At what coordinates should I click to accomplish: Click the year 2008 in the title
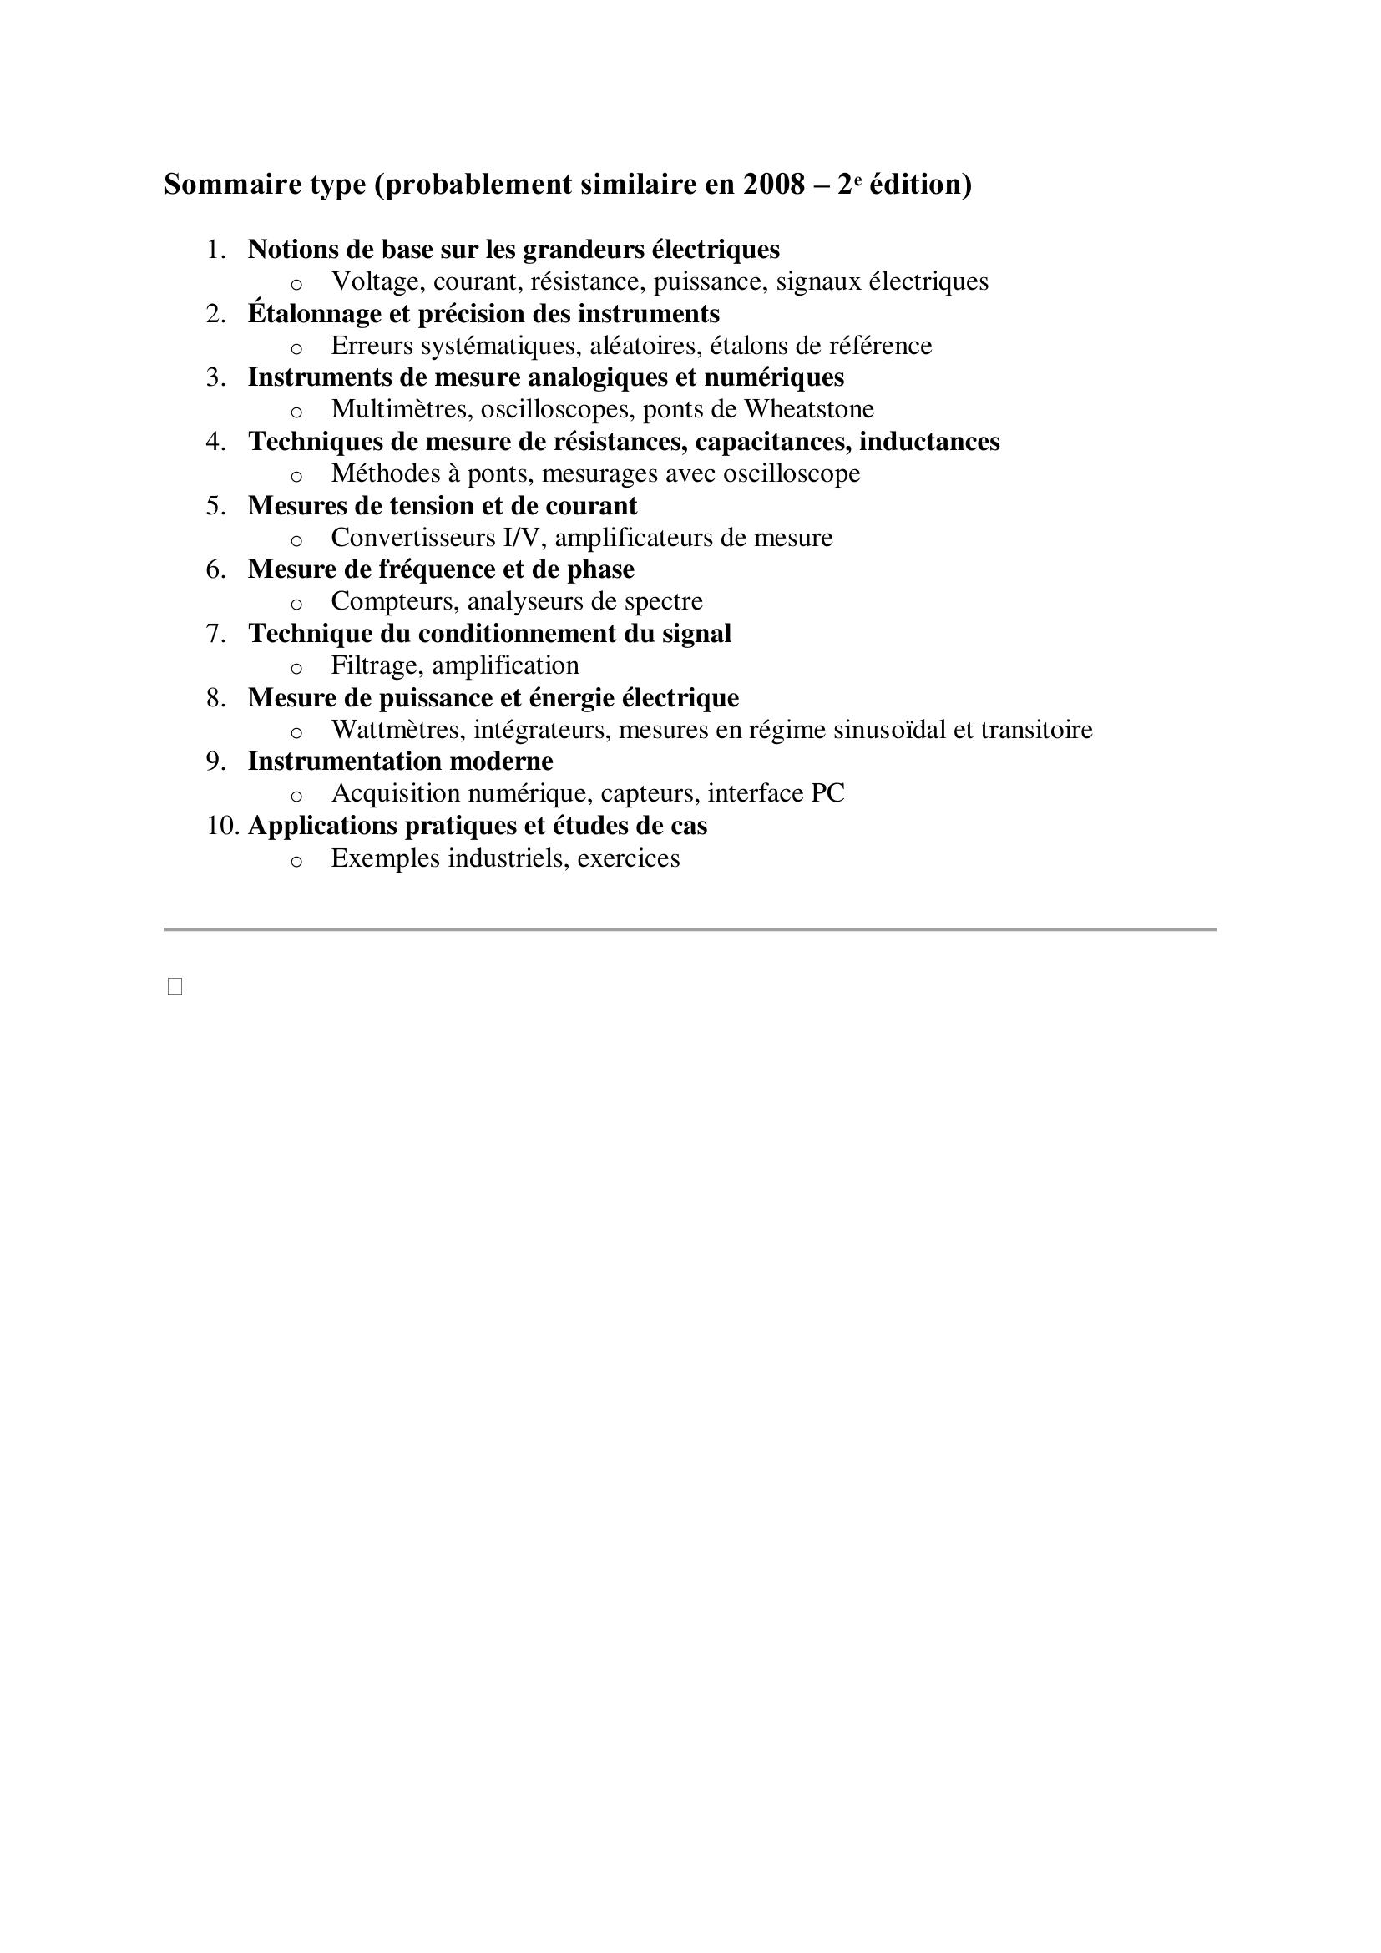773,185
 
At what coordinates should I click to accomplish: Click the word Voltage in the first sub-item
377,281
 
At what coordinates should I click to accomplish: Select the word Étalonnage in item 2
315,314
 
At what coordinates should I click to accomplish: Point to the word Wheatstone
809,409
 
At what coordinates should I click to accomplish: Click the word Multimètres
402,409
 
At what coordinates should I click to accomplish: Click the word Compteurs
396,601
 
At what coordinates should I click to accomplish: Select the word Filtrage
377,665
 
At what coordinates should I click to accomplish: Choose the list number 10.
222,826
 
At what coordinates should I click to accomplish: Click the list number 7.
216,634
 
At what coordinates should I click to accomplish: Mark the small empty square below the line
175,987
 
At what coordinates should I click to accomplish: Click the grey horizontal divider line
690,928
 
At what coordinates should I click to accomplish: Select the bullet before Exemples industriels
296,861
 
